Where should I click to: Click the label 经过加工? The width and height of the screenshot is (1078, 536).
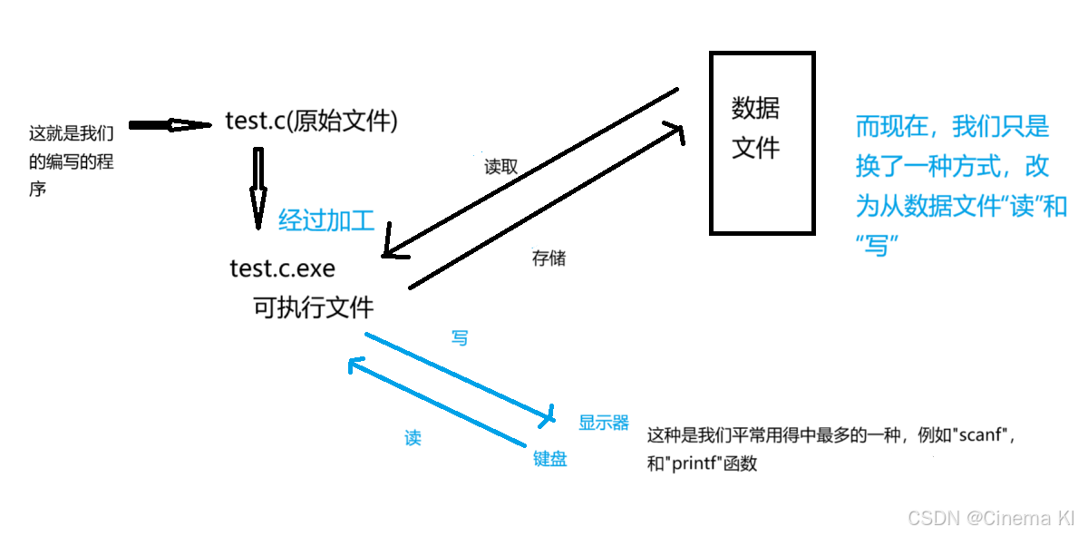[x=326, y=220]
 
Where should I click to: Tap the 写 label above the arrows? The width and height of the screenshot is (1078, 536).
[x=460, y=338]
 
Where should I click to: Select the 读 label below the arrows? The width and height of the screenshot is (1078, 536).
[x=413, y=438]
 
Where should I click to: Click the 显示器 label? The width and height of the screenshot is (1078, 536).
[x=604, y=423]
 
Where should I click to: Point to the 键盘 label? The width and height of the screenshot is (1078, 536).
[x=550, y=459]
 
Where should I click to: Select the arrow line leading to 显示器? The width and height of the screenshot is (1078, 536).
[x=453, y=375]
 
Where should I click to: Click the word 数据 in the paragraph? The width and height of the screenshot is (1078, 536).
[x=934, y=207]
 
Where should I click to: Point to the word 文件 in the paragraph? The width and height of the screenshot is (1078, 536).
[x=986, y=207]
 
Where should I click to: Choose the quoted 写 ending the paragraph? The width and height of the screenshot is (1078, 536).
[x=876, y=246]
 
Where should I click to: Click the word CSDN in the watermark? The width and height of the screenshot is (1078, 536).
[x=931, y=517]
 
